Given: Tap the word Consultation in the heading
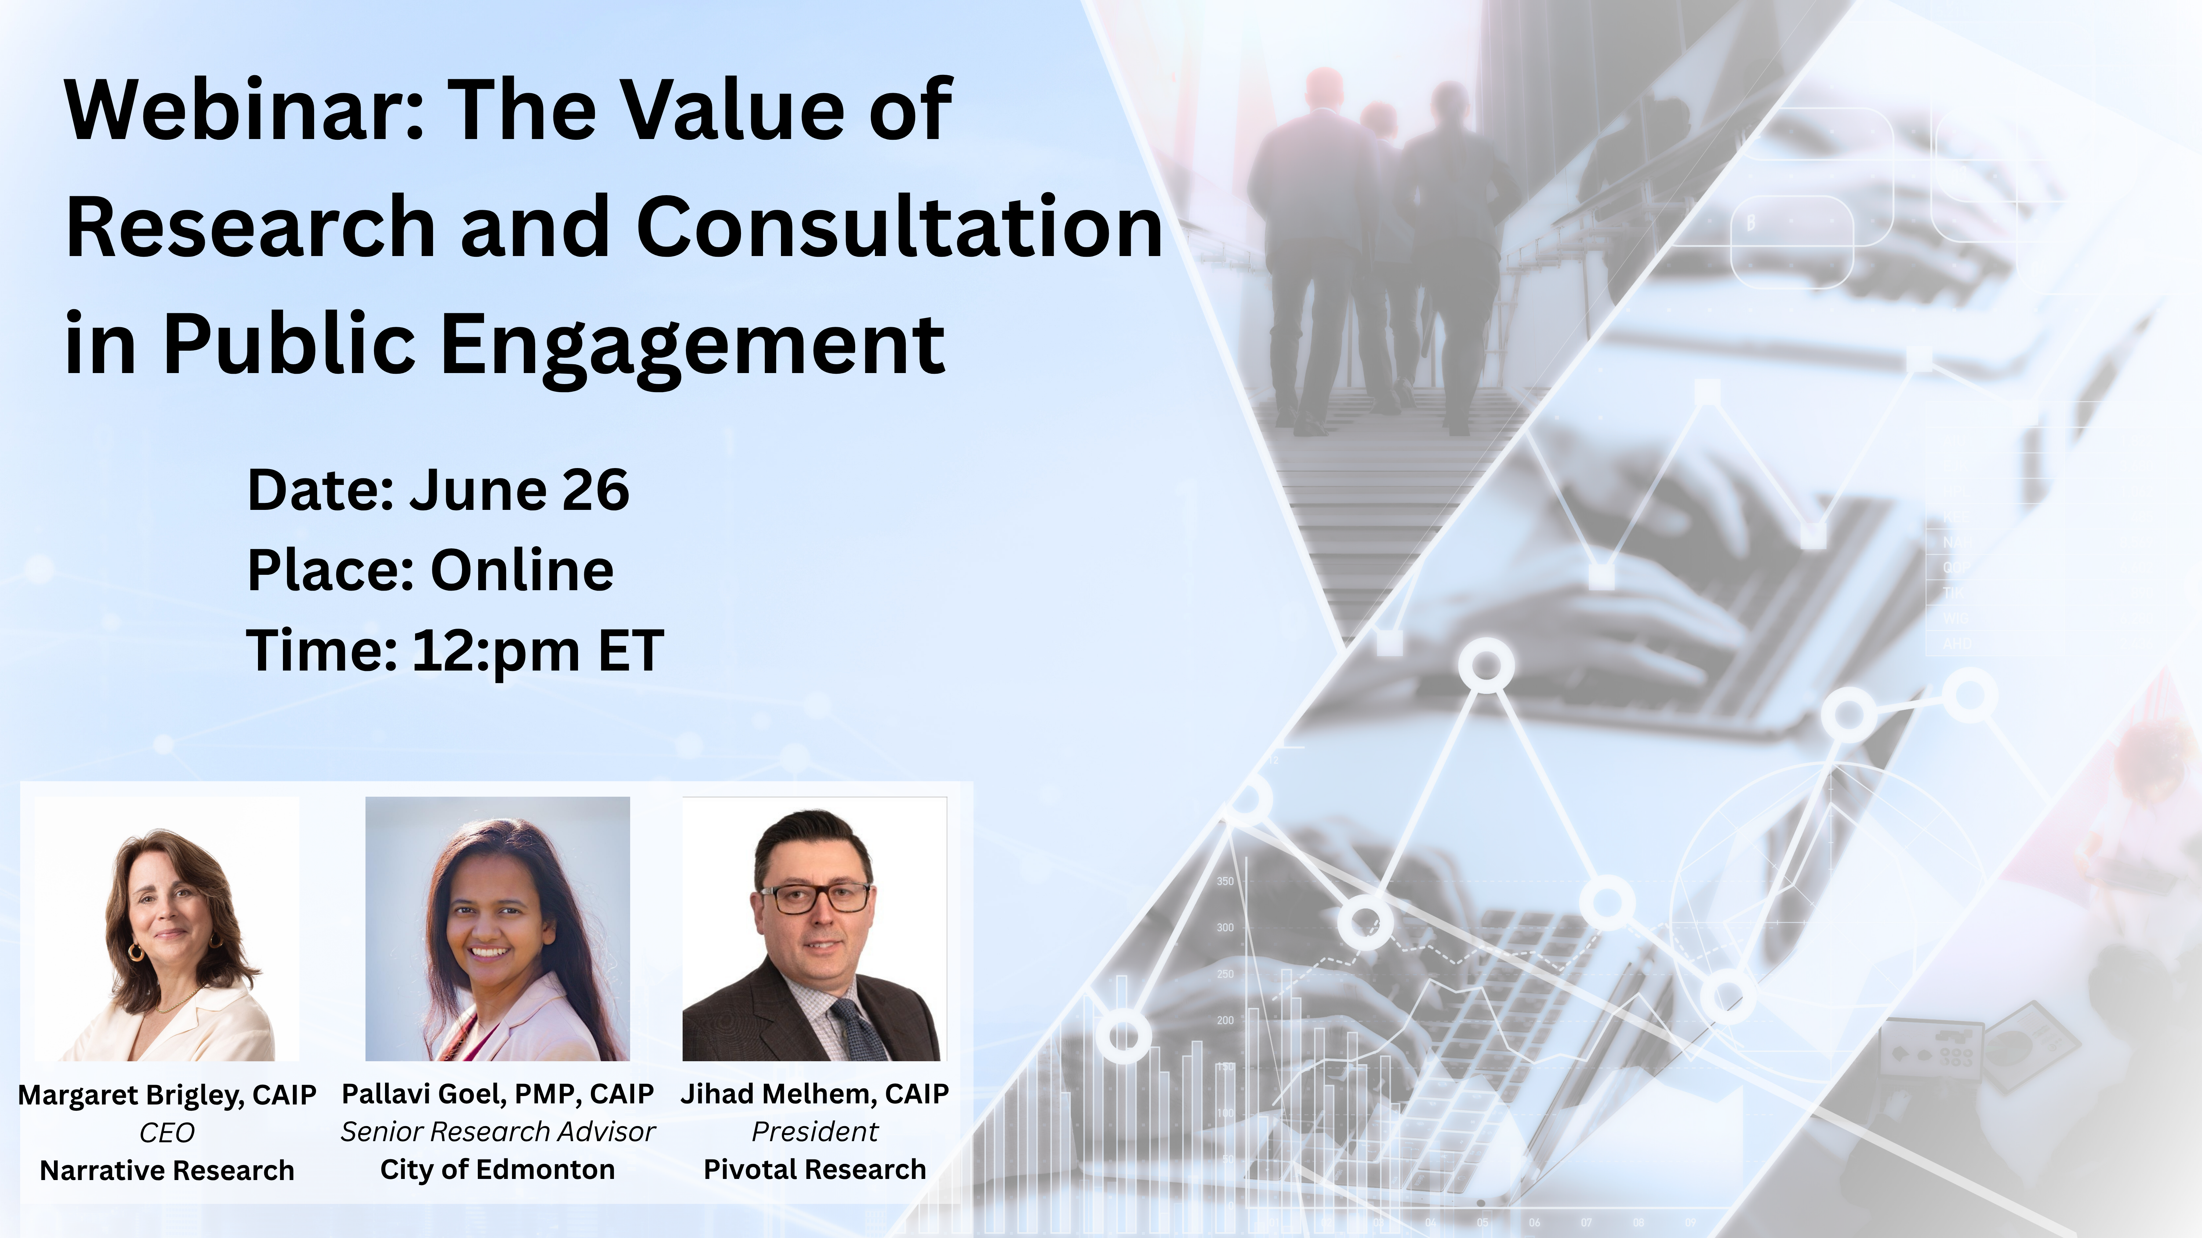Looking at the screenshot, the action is coord(899,226).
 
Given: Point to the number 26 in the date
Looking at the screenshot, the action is coord(596,490).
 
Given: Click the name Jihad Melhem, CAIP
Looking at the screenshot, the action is coord(815,1093).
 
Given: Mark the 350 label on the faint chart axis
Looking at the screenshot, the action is coord(1225,881).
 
